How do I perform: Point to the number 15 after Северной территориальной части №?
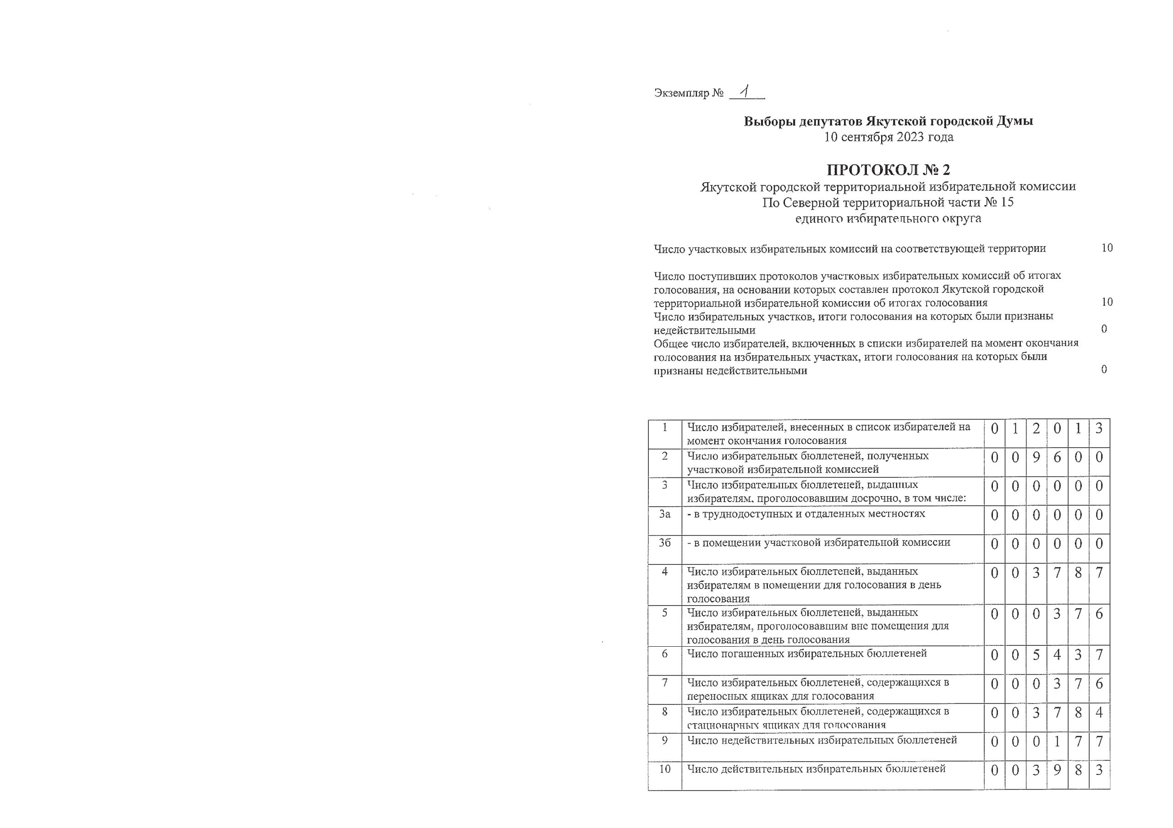pos(1007,202)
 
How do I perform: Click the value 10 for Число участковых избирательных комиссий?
pos(1107,248)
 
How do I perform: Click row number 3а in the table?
pos(665,514)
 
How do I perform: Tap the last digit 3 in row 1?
pos(1099,428)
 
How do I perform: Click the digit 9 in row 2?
pos(1036,457)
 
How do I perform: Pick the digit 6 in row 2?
pos(1057,457)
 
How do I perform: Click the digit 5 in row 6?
pos(1036,655)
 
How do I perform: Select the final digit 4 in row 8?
pos(1099,712)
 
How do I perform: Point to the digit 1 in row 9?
pos(1057,741)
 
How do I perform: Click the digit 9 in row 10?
pos(1057,770)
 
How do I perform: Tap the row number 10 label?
pos(665,769)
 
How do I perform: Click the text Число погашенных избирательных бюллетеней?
pos(807,654)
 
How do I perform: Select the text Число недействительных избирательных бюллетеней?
pos(822,740)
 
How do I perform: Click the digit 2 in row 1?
pos(1036,428)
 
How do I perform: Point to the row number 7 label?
pos(665,682)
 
